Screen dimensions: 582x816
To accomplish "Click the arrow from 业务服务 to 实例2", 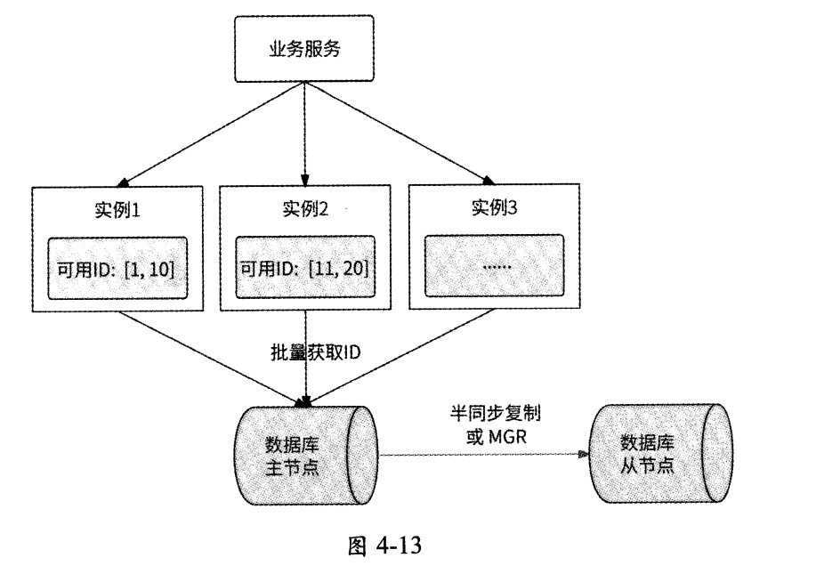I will coord(305,133).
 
